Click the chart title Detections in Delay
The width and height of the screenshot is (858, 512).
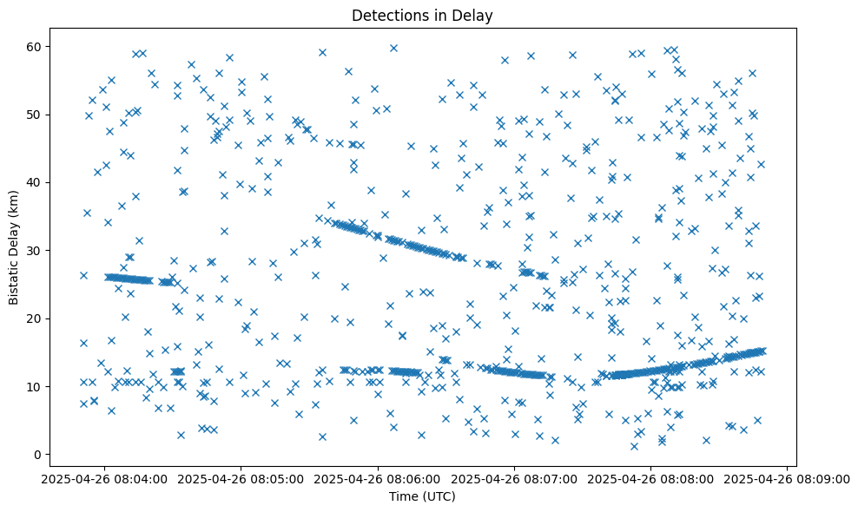422,15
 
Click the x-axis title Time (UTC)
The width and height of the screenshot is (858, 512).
422,497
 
